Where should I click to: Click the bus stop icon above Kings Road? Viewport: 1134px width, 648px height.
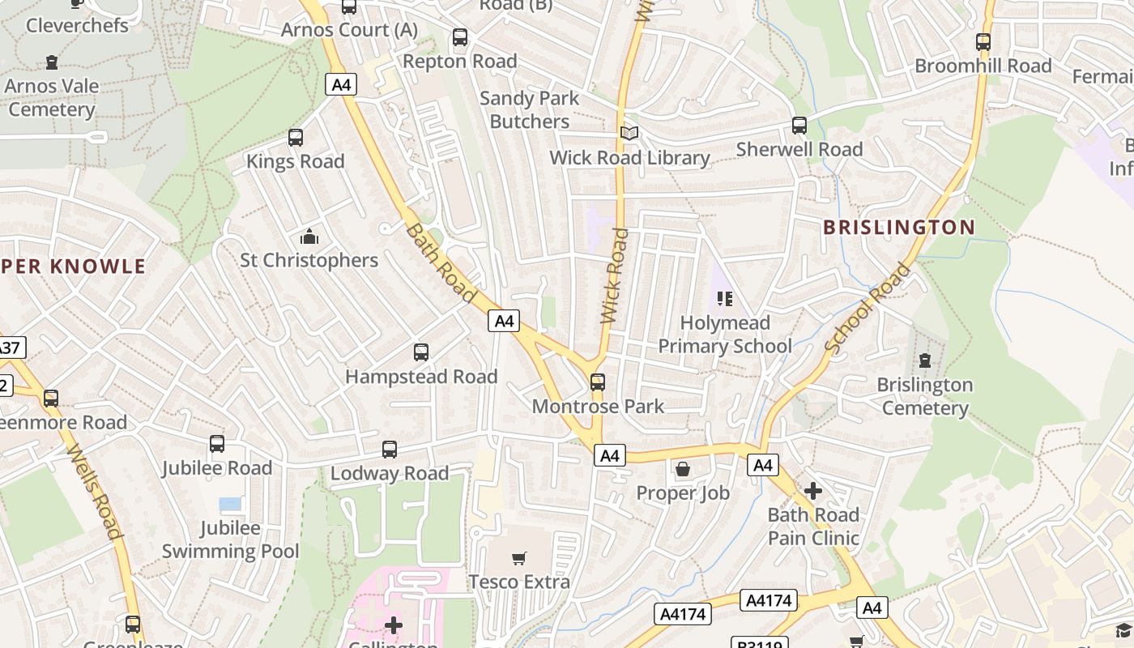coord(296,138)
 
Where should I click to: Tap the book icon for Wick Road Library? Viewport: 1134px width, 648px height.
coord(629,134)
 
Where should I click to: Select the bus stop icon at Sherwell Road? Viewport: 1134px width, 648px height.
coord(799,126)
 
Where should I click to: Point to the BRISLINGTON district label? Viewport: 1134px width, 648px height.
coord(899,228)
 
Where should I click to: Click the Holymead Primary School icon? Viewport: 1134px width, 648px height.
coord(725,299)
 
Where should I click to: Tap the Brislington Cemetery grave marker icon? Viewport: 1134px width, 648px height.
coord(925,360)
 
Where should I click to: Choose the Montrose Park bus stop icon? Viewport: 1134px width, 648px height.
coord(598,382)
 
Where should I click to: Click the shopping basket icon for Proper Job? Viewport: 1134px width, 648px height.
coord(683,469)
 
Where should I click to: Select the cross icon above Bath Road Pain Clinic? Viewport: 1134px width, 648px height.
coord(813,491)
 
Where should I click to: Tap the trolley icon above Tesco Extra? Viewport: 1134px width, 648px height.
coord(519,558)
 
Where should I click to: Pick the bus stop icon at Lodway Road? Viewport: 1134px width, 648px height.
coord(390,450)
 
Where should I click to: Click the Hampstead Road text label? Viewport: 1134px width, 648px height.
coord(421,377)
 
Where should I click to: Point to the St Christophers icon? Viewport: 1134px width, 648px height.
coord(309,237)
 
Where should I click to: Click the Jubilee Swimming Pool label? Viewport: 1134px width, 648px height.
coord(231,539)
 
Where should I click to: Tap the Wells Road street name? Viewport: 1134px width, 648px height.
coord(95,491)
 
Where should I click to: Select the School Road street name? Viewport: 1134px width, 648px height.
coord(868,307)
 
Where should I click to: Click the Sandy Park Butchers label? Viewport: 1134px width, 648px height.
coord(530,109)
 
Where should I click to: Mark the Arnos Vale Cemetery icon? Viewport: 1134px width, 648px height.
coord(53,62)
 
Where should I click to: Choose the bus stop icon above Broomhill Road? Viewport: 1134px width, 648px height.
coord(983,42)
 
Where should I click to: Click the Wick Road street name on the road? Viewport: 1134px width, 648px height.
coord(615,276)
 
